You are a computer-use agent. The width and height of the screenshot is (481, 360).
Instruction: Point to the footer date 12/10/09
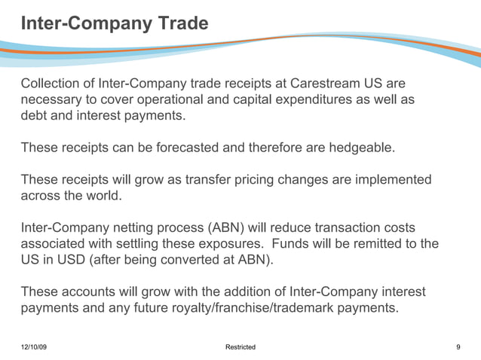(x=34, y=347)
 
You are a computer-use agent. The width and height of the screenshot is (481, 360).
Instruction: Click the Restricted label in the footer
(x=240, y=347)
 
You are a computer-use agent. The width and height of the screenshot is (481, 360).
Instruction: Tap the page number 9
(x=458, y=347)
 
